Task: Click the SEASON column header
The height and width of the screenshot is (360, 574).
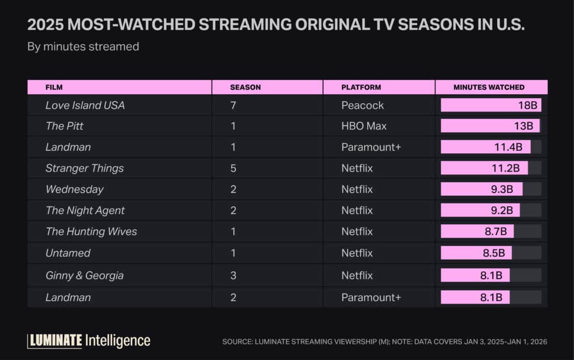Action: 245,87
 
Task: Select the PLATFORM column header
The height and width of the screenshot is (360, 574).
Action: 361,87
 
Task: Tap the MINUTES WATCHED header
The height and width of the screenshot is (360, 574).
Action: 489,87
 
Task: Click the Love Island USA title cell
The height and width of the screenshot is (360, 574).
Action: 85,105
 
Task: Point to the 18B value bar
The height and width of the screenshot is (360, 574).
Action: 490,105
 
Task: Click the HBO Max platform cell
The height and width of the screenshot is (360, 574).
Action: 364,126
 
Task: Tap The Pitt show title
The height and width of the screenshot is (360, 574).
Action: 64,126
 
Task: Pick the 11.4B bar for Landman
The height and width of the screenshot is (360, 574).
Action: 485,147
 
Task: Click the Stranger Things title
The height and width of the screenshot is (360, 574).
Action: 85,168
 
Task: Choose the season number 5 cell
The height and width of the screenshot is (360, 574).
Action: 233,168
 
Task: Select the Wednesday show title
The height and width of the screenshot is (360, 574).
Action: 75,190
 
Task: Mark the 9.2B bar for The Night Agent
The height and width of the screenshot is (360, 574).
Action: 480,210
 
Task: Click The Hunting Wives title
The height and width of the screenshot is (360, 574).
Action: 91,232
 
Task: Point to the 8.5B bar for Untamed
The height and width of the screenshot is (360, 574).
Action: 476,253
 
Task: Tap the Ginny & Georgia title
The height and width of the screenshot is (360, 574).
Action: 85,275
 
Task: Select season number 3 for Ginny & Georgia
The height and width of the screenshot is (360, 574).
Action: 233,275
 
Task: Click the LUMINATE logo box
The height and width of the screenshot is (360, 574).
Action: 55,340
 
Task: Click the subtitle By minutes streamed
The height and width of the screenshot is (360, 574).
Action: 83,47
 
